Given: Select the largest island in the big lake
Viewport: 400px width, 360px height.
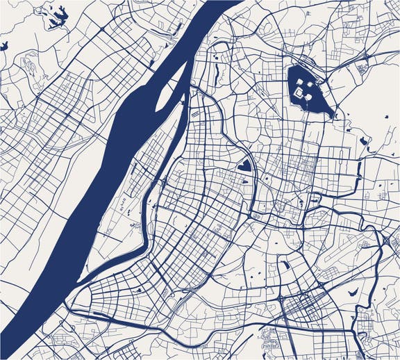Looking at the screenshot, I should tap(303, 90).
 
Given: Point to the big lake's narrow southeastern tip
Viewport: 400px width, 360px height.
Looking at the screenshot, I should tap(332, 113).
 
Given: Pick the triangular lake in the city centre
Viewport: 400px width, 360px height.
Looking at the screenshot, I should tap(244, 165).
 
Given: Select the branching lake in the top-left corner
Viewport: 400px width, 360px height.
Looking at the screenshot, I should tap(52, 15).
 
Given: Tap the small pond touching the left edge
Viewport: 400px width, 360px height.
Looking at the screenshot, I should tap(3, 46).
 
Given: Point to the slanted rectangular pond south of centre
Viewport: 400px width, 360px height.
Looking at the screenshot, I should tap(284, 264).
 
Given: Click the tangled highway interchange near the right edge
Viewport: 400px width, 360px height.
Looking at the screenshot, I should tap(386, 240).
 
